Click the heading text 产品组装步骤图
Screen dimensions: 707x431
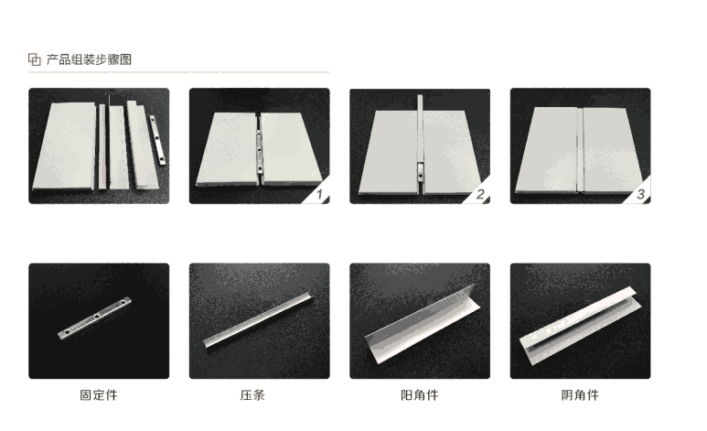pos(89,59)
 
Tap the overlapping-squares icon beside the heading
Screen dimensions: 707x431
pos(34,59)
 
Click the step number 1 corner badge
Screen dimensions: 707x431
pos(318,193)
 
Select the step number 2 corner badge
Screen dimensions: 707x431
pos(479,193)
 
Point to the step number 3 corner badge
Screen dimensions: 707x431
pos(639,193)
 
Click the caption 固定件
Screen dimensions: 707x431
pos(99,395)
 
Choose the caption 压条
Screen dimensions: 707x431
pos(252,395)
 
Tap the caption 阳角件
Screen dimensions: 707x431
pos(419,395)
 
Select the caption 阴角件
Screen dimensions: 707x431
pos(580,395)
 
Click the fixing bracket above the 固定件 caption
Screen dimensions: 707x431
pos(95,318)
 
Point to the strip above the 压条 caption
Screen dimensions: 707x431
pos(258,320)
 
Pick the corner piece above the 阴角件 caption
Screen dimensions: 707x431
pos(580,325)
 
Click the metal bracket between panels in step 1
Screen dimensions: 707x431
pos(259,151)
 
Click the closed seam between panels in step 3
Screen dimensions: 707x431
pos(580,149)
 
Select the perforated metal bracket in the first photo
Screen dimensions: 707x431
pos(158,140)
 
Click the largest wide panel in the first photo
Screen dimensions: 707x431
pos(65,146)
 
